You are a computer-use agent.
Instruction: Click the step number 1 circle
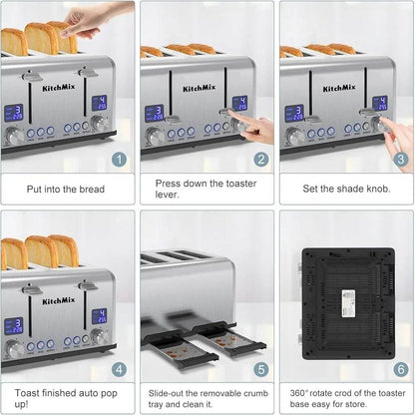click(x=119, y=158)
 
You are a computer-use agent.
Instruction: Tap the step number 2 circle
click(x=258, y=158)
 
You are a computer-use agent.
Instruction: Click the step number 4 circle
click(x=119, y=368)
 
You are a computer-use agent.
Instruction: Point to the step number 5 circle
click(x=258, y=368)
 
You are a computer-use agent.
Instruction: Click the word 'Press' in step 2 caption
click(x=171, y=182)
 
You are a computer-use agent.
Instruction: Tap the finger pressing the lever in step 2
click(x=257, y=128)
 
